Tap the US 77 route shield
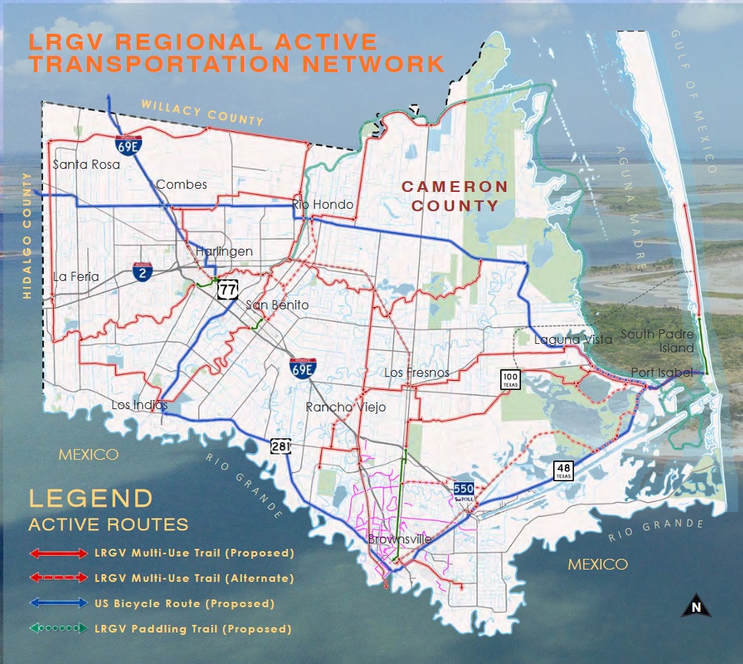click(x=227, y=289)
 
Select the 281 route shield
click(x=280, y=446)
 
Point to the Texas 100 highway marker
click(x=511, y=378)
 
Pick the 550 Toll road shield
click(x=463, y=491)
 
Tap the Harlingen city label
click(x=224, y=252)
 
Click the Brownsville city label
click(x=400, y=540)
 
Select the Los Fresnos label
click(x=416, y=373)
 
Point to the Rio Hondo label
click(x=323, y=204)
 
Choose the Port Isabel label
click(x=662, y=373)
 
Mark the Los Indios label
click(x=139, y=405)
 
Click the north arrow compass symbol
click(x=696, y=606)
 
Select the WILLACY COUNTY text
click(x=202, y=112)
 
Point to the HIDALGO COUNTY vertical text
click(x=30, y=223)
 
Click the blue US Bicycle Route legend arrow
click(x=59, y=603)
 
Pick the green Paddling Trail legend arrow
click(x=59, y=629)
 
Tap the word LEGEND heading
click(x=91, y=498)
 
